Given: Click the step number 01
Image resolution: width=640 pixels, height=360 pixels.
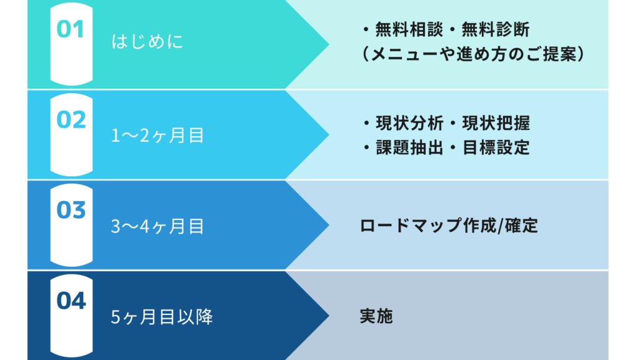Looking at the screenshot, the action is [x=70, y=29].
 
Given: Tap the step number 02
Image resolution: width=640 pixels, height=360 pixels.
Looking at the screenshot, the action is [x=71, y=119].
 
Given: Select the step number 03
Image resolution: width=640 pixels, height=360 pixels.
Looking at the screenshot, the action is [x=71, y=210].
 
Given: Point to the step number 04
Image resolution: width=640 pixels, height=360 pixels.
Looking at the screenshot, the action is [x=71, y=301].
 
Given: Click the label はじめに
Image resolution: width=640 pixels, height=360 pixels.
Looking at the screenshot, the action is [x=147, y=42].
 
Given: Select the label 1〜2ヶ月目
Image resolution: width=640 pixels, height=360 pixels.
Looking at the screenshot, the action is [x=157, y=136].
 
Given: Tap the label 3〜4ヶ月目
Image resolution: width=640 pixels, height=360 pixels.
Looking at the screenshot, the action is [x=157, y=226].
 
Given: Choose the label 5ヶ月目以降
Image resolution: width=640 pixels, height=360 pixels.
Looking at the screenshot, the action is [x=162, y=317].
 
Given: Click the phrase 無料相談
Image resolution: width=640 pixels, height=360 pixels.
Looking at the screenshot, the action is [x=409, y=30].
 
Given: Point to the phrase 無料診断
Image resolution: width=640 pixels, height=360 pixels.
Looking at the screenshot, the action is [x=496, y=30].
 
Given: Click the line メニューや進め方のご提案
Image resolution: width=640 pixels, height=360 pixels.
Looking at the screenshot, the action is [x=474, y=54].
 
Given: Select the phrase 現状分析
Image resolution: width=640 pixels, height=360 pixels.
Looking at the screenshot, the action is [x=409, y=123].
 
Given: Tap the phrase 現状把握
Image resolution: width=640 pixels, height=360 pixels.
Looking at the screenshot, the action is [x=496, y=123].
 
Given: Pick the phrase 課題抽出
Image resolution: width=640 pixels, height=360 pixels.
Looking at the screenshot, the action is [x=409, y=147].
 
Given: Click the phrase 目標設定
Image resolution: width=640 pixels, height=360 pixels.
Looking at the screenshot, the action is [x=496, y=147].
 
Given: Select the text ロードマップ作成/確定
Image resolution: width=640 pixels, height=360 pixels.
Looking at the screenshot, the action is [x=449, y=225].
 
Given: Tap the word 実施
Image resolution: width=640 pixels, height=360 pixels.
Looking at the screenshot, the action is [x=376, y=316].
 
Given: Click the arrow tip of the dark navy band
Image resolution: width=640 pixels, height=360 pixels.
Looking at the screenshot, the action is [x=329, y=315].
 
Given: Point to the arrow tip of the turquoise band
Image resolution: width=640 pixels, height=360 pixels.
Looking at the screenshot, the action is [x=329, y=44].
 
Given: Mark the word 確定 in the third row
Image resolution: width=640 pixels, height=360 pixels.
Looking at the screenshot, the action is [x=521, y=225].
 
